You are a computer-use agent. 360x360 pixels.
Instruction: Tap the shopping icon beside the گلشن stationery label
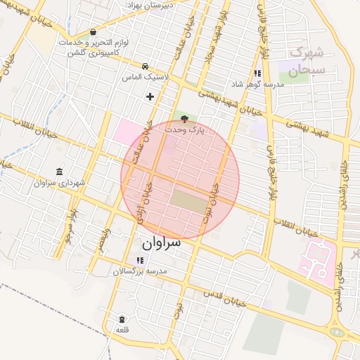tap(93, 32)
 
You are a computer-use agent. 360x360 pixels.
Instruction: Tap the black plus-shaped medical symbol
tap(149, 96)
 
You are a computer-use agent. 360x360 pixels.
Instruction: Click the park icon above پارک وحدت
tap(184, 119)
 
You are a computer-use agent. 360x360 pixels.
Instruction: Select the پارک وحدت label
tap(186, 130)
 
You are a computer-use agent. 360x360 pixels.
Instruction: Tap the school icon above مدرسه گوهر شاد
tap(258, 73)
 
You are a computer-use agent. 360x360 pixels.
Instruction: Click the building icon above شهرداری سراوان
tap(58, 172)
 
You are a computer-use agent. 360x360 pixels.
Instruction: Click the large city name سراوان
tap(160, 243)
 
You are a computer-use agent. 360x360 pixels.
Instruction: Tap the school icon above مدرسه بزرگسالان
tap(139, 260)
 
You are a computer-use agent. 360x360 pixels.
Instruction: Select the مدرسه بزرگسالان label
tap(139, 271)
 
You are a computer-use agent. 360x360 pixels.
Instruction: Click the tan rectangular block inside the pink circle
tap(190, 200)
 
